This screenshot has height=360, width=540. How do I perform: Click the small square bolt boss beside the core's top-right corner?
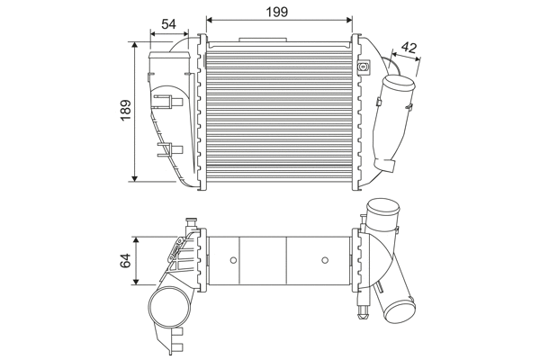point(364,67)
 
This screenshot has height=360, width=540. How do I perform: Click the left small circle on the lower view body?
point(233,261)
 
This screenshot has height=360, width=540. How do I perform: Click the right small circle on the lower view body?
point(325,261)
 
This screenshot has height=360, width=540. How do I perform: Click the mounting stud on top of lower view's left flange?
point(190,221)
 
